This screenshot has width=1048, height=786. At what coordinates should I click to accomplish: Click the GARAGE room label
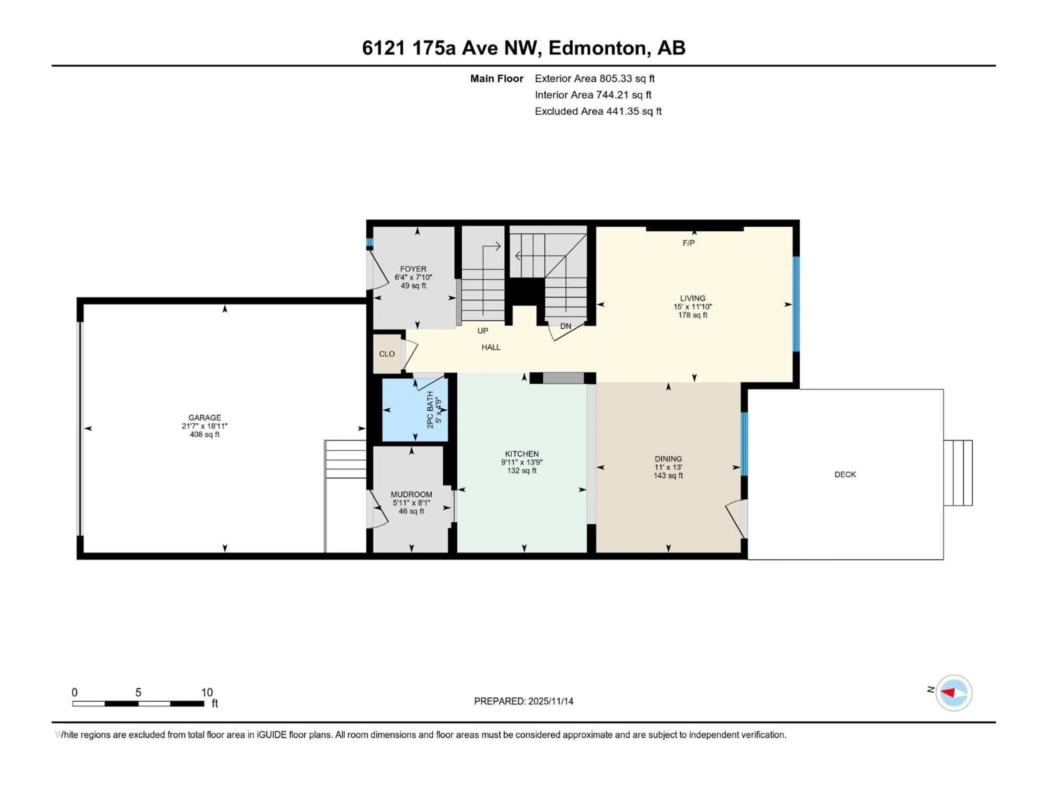click(x=205, y=417)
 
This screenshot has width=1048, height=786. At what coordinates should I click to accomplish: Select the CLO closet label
click(x=387, y=354)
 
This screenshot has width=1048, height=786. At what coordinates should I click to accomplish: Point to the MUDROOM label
click(x=411, y=494)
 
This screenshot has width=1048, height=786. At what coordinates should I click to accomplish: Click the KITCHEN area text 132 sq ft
click(x=522, y=471)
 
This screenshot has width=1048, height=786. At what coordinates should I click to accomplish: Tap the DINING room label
click(x=668, y=458)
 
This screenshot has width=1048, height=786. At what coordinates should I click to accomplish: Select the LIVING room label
click(x=693, y=298)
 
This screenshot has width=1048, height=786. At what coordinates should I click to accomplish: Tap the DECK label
click(x=845, y=474)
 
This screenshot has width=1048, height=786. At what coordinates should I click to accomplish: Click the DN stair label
click(x=566, y=326)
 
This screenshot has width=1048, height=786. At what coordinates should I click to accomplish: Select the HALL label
click(x=491, y=347)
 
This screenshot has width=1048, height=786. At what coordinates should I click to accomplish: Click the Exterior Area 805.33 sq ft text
click(x=595, y=79)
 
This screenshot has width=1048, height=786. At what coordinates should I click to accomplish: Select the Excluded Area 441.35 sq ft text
click(x=598, y=111)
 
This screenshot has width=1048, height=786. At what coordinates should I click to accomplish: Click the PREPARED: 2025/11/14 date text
click(x=523, y=701)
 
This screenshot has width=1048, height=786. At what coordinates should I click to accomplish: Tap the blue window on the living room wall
click(x=796, y=304)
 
